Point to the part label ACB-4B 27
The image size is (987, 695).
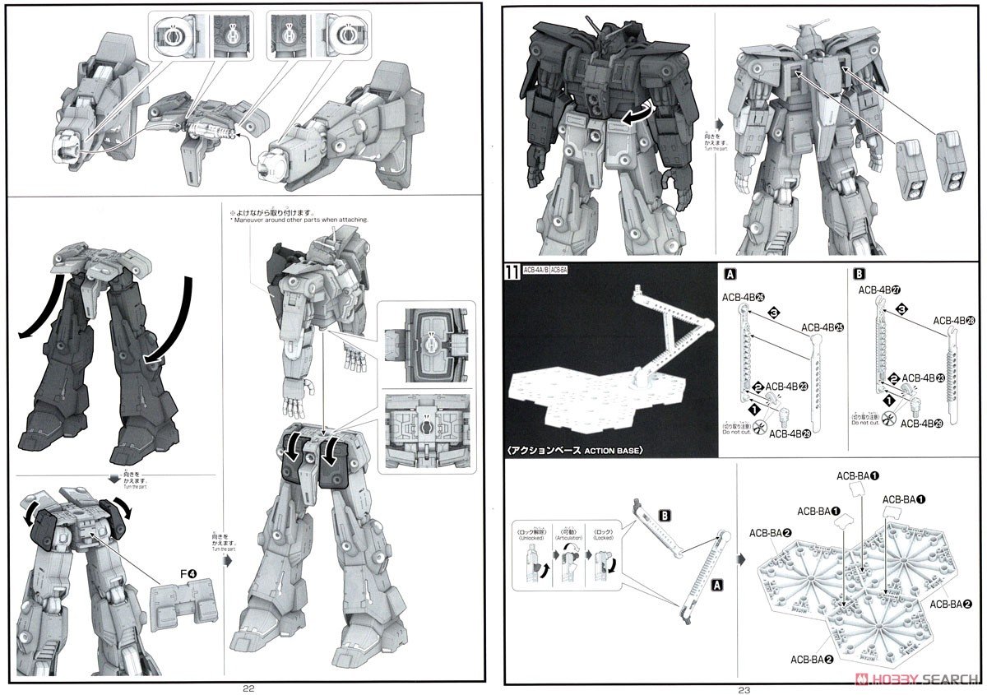(x=878, y=290)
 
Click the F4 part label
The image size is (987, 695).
(x=179, y=586)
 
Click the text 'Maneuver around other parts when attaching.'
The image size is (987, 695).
(x=301, y=220)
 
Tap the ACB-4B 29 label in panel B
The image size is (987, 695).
(x=922, y=424)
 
